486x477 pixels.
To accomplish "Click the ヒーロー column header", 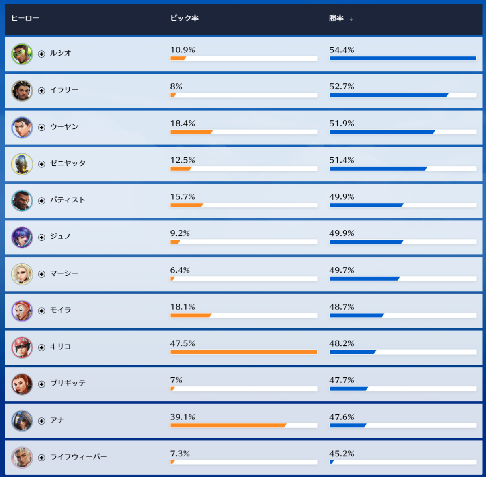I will point(25,18).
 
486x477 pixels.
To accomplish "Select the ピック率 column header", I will point(184,18).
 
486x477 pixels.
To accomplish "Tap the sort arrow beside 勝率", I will point(351,19).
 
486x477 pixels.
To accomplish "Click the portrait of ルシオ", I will point(22,54).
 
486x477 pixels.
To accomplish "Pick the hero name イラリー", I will point(64,90).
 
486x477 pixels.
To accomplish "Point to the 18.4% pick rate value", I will point(183,124).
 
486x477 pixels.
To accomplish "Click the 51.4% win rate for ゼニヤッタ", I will point(342,160).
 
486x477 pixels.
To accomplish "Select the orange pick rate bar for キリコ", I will point(244,352).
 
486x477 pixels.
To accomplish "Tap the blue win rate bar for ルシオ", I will point(403,58).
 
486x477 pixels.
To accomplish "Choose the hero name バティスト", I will point(68,200).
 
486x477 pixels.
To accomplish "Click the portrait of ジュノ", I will point(22,237).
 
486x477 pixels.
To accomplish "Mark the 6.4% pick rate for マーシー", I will point(180,270).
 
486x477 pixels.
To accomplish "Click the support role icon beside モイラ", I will point(42,311).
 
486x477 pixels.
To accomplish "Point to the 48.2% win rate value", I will point(342,343).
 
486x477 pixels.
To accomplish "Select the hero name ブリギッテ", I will point(68,383).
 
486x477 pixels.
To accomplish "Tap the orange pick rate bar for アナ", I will point(228,425).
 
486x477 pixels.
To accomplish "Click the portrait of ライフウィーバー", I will point(22,457).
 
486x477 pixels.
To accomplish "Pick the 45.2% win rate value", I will point(342,454).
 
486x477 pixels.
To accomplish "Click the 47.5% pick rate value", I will point(183,343).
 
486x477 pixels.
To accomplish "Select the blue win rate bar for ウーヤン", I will point(382,132).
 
